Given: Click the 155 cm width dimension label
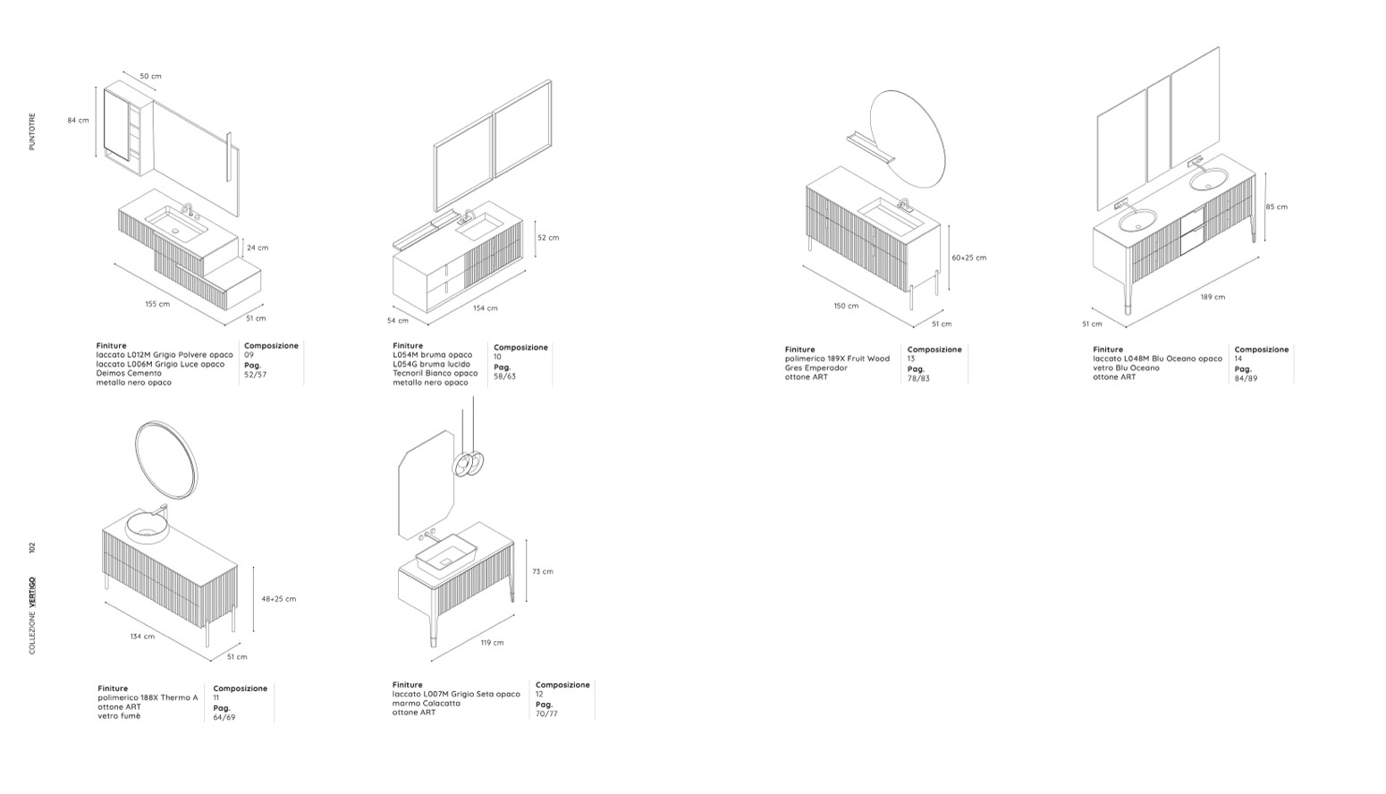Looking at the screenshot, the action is tap(157, 304).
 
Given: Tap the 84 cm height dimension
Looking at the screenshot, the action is tap(78, 120).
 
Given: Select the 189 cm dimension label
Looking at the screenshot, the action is tap(1213, 297).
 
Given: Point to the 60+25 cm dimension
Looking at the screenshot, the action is tap(969, 258).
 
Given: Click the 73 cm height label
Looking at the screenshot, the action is tap(543, 571).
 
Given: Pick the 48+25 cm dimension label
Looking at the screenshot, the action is tap(278, 598).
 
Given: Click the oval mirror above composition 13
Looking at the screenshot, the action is tap(908, 139).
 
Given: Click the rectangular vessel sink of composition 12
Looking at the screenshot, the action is tap(446, 552).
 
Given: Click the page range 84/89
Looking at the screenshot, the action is tap(1246, 378).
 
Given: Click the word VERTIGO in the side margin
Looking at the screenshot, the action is tap(33, 591).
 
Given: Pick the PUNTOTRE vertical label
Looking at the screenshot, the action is tap(32, 131).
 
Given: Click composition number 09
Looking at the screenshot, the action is tap(249, 355).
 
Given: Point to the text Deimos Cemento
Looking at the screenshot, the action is tap(129, 373).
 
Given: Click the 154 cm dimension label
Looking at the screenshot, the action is tap(485, 308).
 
